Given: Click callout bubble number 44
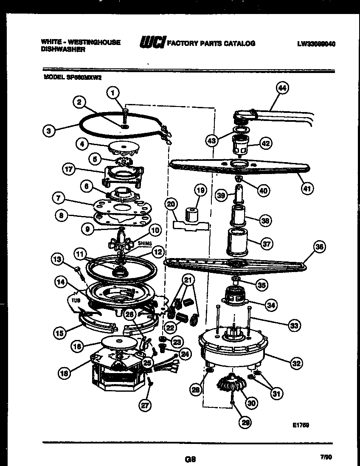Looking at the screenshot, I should coord(282,88).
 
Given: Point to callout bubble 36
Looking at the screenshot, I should coord(320,247).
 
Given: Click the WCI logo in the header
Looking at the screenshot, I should coord(152,43).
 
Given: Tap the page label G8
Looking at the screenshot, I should coord(190,458).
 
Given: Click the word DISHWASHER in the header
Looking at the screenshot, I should coord(63,49).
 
